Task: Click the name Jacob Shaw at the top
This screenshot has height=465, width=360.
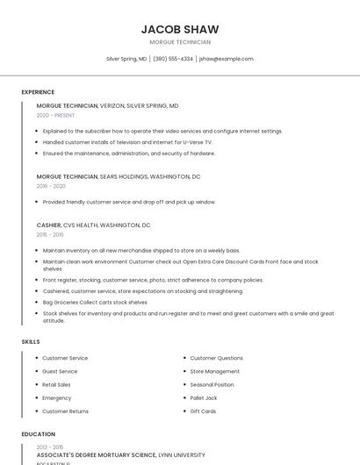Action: [x=180, y=29]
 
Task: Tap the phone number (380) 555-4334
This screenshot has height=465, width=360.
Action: [x=173, y=59]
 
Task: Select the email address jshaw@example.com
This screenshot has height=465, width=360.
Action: [x=227, y=59]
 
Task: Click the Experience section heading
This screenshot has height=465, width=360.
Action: [x=38, y=92]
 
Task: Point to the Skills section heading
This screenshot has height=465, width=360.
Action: [x=31, y=341]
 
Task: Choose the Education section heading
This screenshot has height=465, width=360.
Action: [x=38, y=433]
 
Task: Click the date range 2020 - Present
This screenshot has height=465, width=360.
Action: [x=55, y=115]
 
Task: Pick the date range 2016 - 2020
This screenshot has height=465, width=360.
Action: [x=51, y=186]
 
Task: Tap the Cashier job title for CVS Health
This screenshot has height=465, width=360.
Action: [x=48, y=225]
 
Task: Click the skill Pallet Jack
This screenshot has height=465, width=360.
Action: [x=205, y=397]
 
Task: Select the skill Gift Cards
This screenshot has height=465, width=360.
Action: [x=203, y=411]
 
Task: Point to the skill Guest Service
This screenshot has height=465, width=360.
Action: [x=60, y=371]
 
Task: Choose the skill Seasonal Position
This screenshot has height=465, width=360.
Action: [x=212, y=384]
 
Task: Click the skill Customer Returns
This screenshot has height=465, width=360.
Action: [x=65, y=411]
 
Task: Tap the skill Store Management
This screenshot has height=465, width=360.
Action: [x=214, y=371]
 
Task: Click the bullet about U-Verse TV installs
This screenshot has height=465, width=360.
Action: [x=127, y=141]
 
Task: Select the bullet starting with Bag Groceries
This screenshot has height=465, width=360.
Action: [x=95, y=302]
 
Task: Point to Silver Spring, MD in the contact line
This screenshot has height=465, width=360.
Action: [x=126, y=59]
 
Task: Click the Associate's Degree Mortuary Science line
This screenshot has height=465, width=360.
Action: [x=120, y=455]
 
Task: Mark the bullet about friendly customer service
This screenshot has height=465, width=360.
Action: [x=128, y=202]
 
